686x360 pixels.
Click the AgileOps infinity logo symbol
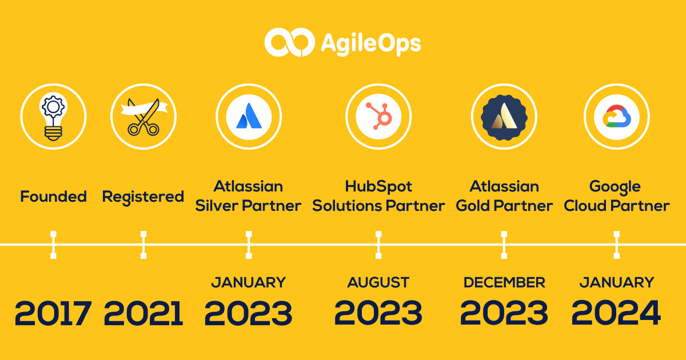pos(289,42)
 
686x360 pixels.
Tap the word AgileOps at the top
pos(371,44)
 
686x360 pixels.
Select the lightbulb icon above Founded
pos(53,117)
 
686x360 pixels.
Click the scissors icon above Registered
pos(144,117)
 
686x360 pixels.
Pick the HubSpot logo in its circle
pos(379,116)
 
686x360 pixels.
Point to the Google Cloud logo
pos(617,117)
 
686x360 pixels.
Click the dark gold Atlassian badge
pos(504,117)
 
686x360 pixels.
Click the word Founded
pos(53,196)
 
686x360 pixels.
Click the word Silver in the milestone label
pos(217,206)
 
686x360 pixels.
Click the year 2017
pos(53,313)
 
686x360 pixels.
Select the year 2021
pos(143,313)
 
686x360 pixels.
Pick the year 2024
pos(616,313)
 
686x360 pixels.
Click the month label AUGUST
pos(378,282)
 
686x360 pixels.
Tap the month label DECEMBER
pos(504,282)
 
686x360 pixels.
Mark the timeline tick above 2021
pos(143,245)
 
